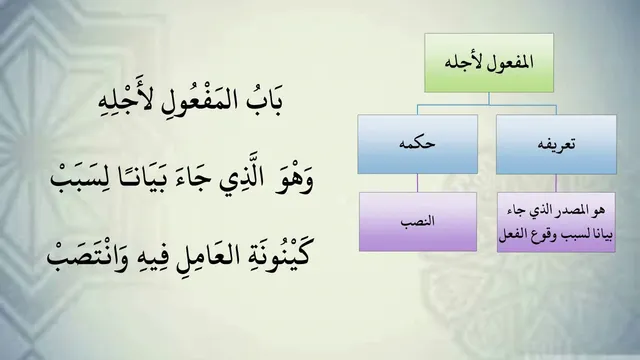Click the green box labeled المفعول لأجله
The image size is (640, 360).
click(489, 63)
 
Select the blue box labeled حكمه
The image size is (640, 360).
click(418, 144)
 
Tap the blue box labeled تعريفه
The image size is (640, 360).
click(556, 144)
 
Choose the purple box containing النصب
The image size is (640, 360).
click(418, 222)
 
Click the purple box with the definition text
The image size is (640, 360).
click(556, 222)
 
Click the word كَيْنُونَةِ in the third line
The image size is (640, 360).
click(267, 256)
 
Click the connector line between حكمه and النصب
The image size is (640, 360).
click(417, 183)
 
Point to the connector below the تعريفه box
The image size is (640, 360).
click(556, 183)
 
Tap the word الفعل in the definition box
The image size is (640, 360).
click(511, 236)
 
